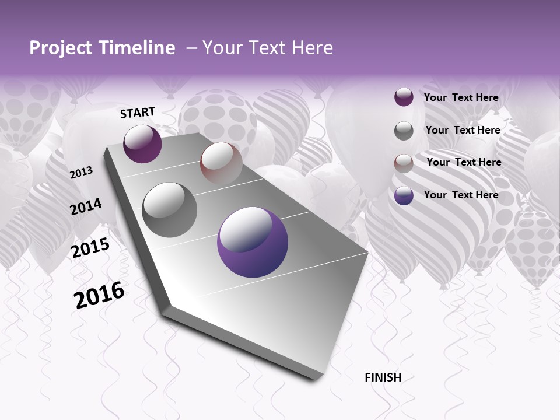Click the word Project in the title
pyautogui.click(x=60, y=48)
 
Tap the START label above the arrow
pyautogui.click(x=138, y=113)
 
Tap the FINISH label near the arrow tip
pyautogui.click(x=383, y=377)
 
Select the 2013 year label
pyautogui.click(x=81, y=172)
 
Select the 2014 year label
pyautogui.click(x=86, y=206)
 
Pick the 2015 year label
pyautogui.click(x=90, y=248)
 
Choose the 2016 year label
pyautogui.click(x=99, y=295)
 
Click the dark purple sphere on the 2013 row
pyautogui.click(x=142, y=143)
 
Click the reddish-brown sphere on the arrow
pyautogui.click(x=221, y=163)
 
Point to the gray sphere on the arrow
pyautogui.click(x=170, y=210)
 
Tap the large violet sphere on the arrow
pyautogui.click(x=253, y=243)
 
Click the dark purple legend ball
pyautogui.click(x=404, y=97)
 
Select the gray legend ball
pyautogui.click(x=404, y=131)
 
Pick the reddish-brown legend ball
pyautogui.click(x=404, y=163)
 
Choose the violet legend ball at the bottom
pyautogui.click(x=404, y=195)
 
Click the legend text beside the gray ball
pyautogui.click(x=463, y=130)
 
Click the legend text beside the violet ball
pyautogui.click(x=461, y=195)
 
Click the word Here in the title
pyautogui.click(x=312, y=48)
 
